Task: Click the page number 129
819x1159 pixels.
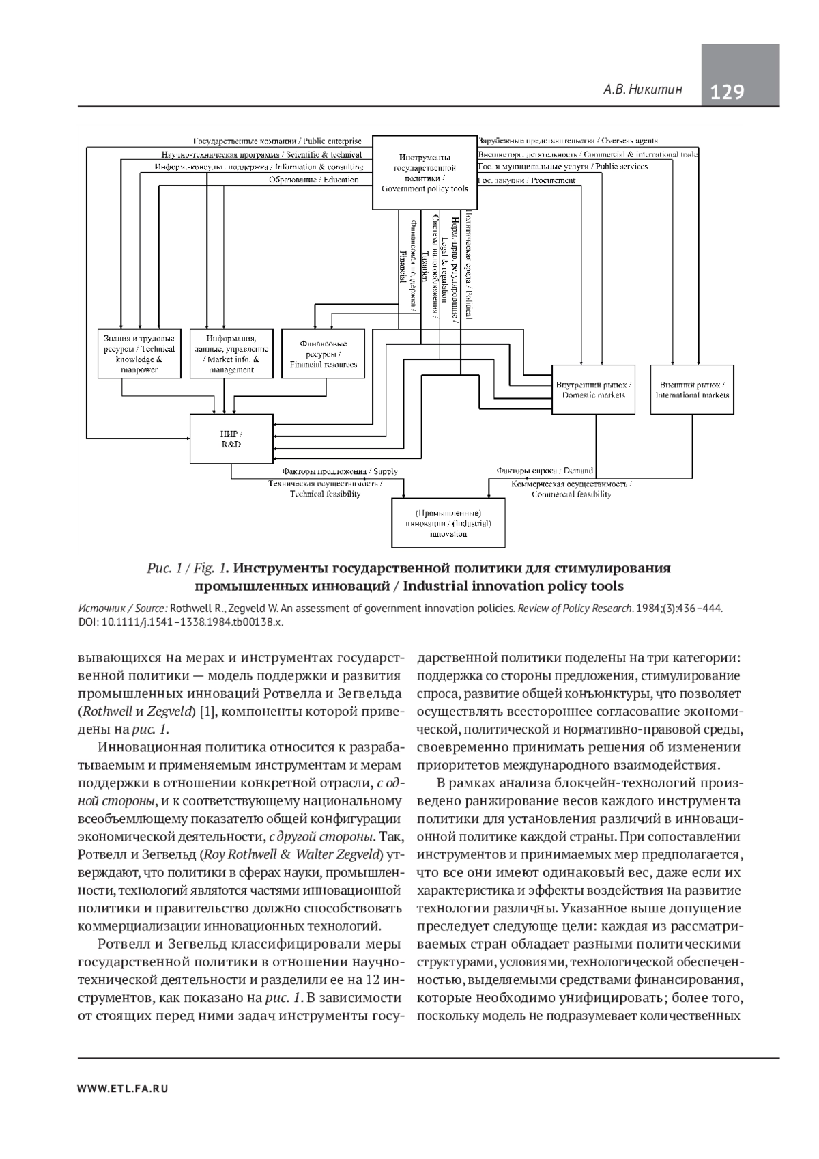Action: tap(728, 92)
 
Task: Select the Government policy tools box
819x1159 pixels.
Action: tap(425, 171)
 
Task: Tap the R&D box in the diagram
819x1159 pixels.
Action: tap(231, 439)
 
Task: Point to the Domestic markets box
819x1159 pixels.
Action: tap(593, 390)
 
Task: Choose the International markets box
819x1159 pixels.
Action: tap(692, 390)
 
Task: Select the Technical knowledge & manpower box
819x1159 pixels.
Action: tap(139, 354)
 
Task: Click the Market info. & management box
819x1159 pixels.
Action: tap(232, 354)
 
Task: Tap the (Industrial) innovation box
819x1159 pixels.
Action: tap(448, 523)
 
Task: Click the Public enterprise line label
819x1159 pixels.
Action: tap(278, 141)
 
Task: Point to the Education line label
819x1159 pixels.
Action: tap(313, 180)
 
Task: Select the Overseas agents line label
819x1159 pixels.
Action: tap(568, 141)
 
